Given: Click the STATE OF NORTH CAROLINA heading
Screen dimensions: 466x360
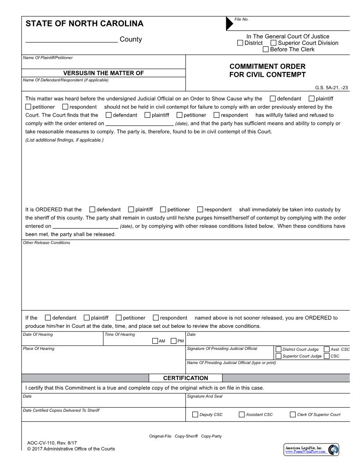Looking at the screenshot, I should pos(84,24).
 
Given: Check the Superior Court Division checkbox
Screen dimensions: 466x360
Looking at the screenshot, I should pos(274,43).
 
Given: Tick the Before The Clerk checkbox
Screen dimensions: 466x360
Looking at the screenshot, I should pos(266,49).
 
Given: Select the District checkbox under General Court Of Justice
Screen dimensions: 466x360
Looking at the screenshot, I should pos(240,43).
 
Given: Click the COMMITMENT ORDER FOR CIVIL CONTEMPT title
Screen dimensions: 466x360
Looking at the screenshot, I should pos(267,71).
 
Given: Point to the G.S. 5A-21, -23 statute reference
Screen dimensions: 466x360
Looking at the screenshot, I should pos(331,87).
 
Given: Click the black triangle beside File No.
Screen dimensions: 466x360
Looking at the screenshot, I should pos(229,24).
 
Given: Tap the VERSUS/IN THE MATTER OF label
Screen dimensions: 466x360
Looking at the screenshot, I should pos(104,73).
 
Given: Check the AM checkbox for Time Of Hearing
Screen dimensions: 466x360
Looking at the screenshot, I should pos(155,341).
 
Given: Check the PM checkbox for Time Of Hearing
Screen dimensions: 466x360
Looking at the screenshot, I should pos(173,341).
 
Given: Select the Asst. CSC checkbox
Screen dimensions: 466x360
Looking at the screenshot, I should pos(326,349).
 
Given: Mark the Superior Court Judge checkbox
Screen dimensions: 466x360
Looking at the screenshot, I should pos(278,356).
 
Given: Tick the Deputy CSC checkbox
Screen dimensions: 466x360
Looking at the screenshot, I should pos(195,414).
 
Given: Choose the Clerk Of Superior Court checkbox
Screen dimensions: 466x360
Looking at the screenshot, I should pos(293,414).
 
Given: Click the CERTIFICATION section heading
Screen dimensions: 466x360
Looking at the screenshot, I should pos(185,378).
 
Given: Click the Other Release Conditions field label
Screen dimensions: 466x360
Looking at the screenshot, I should pos(46,243).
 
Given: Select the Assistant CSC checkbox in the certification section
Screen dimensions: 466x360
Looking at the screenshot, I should pos(242,414).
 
